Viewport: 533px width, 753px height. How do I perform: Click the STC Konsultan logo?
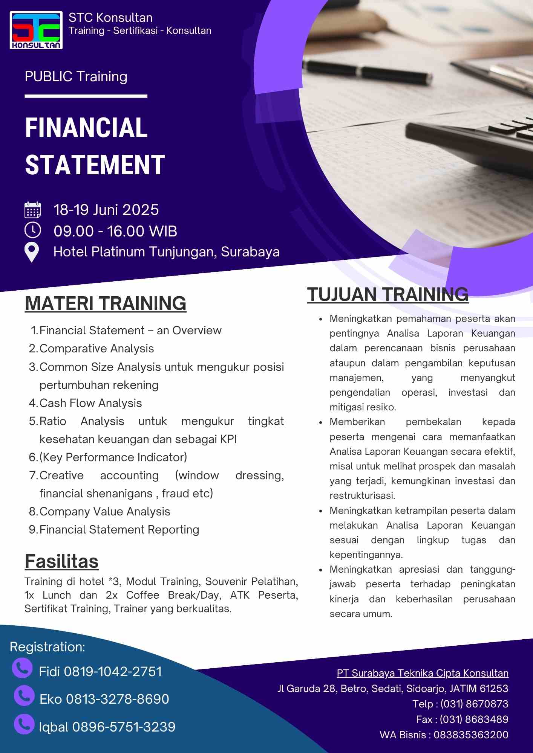36,30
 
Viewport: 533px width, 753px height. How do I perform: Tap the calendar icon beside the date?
33,210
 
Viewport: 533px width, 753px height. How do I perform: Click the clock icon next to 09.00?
33,230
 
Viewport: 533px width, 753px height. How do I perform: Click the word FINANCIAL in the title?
86,128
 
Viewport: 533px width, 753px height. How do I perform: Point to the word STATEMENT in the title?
95,165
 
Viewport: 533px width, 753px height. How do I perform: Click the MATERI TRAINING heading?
106,303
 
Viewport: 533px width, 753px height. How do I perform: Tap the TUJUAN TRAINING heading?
388,294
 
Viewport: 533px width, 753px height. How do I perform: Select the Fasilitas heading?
62,561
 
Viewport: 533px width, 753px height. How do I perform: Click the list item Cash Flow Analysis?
90,403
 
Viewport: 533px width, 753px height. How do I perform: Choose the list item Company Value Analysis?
105,512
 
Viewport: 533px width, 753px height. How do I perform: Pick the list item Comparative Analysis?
96,349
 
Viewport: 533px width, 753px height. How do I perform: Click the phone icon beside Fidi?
22,668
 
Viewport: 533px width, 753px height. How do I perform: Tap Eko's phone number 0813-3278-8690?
118,699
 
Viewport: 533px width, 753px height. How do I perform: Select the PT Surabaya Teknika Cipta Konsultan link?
423,673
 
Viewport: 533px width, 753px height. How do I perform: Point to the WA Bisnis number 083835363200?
471,735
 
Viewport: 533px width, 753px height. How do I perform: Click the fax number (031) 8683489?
474,719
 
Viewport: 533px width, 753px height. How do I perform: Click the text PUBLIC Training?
76,77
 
